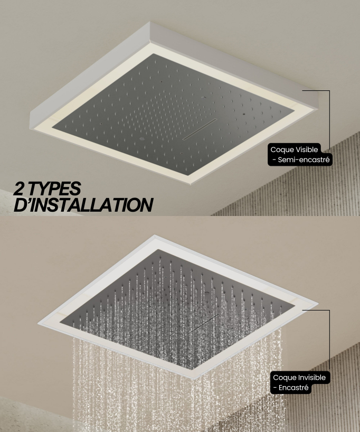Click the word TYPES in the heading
54,189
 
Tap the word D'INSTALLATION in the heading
83,205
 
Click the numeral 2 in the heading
20,189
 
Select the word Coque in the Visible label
279,150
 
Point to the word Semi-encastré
304,160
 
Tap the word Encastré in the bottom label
293,388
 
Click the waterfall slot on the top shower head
200,129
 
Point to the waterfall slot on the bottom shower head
203,324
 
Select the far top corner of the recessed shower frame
155,235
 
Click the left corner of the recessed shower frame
37,323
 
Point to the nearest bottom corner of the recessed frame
194,379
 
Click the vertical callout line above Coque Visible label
330,120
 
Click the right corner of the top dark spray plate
295,112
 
